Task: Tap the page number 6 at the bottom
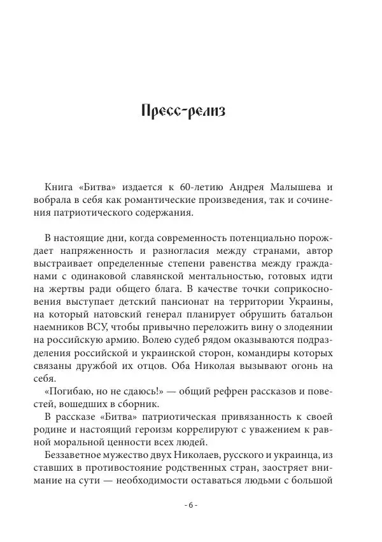(x=191, y=505)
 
